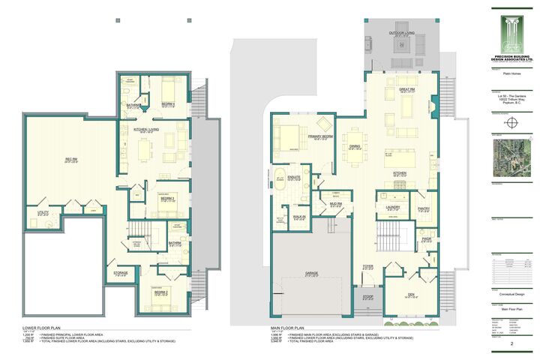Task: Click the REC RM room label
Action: point(72,160)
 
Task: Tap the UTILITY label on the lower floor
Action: point(43,213)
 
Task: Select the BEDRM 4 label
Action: point(168,104)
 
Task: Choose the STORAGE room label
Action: point(121,273)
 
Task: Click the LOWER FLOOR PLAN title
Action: point(45,328)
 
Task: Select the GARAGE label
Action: point(311,273)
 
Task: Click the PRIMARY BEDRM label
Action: point(320,136)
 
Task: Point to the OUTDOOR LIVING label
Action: point(402,34)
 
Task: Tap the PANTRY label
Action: point(424,209)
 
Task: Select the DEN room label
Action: point(410,295)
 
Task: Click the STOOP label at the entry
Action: point(368,296)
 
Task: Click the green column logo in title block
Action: point(511,31)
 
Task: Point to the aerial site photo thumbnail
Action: point(511,160)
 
